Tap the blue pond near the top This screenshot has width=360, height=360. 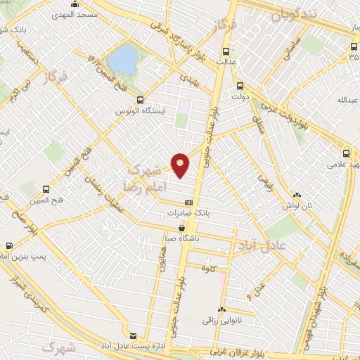coord(123,59)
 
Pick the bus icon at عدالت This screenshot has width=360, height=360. coord(226,51)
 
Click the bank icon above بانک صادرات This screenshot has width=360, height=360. coord(188,202)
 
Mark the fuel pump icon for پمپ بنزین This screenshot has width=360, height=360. coord(8,246)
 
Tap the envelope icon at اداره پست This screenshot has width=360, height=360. coord(134,335)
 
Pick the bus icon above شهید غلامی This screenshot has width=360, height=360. coord(346,153)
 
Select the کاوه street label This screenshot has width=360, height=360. coord(207,268)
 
